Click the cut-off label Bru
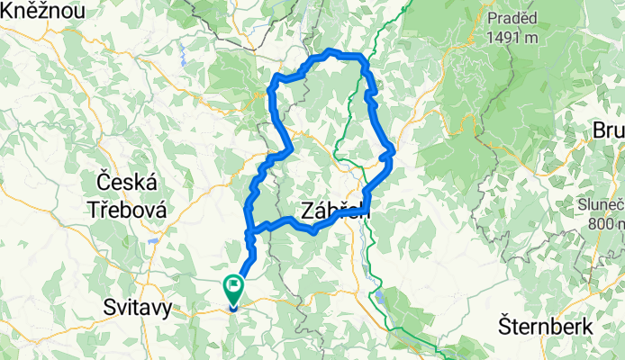[x=608, y=131]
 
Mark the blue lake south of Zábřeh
[x=381, y=294]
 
